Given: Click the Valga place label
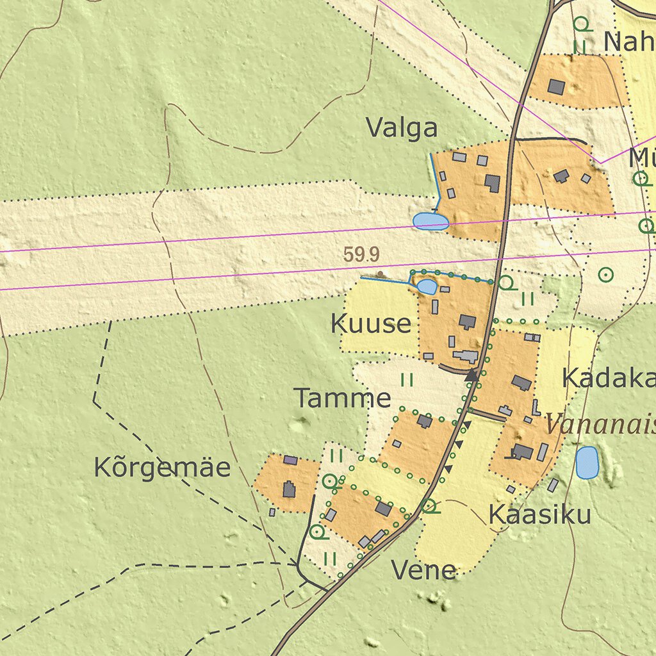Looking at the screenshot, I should click(402, 128).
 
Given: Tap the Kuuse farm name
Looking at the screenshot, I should click(370, 324).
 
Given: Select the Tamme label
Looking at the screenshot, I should click(342, 398).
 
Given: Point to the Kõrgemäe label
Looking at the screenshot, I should click(162, 468).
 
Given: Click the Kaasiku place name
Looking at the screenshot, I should click(539, 514).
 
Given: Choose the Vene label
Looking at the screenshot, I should click(423, 570).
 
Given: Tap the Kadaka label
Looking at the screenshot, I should click(608, 379).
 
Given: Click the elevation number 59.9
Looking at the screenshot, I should click(361, 255).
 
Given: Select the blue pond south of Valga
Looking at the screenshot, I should click(430, 222).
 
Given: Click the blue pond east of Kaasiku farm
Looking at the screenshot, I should click(587, 463).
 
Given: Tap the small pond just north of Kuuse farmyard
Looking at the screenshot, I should click(426, 286).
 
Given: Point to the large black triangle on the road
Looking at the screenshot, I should click(471, 375).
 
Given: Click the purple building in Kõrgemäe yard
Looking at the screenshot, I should click(290, 460).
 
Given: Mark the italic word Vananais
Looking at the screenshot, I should click(600, 424).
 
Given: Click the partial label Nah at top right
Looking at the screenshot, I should click(628, 42).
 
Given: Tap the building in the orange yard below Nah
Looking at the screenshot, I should click(556, 86).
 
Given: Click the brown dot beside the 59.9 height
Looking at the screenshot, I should click(381, 274).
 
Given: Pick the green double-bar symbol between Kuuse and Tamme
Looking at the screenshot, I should click(407, 380).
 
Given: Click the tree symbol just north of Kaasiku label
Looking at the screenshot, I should click(429, 506).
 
